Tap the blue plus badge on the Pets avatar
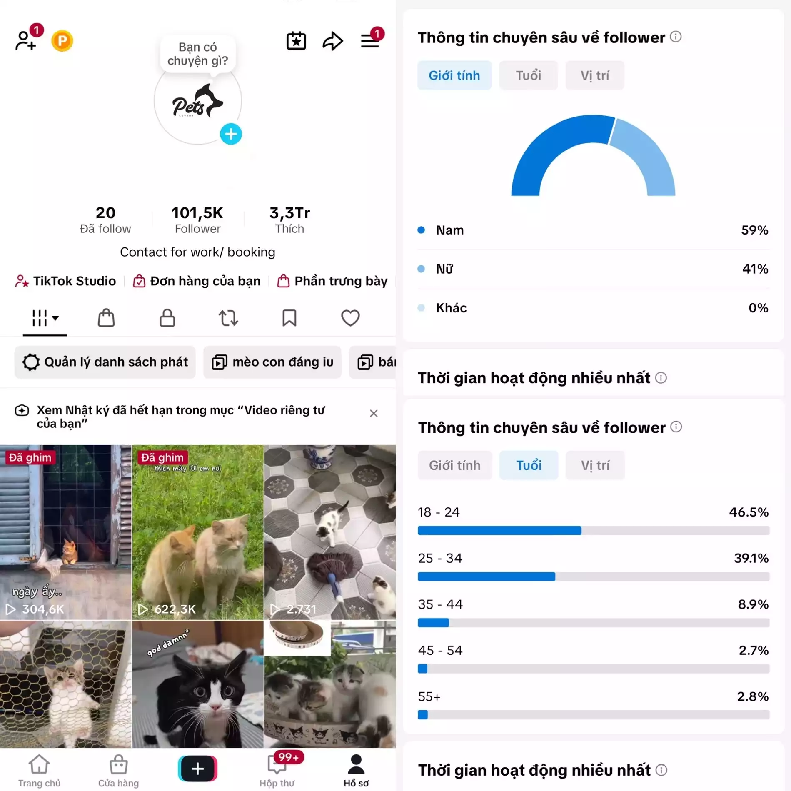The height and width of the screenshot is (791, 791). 231,134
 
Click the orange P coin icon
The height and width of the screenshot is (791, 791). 62,41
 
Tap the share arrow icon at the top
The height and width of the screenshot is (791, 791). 333,41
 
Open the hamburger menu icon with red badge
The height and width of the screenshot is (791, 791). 370,41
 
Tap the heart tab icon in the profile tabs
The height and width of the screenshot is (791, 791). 350,318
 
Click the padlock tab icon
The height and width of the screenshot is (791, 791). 167,318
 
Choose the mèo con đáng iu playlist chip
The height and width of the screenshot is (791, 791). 272,362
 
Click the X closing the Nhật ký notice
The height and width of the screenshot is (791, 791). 374,413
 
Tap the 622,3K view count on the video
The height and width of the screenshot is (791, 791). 175,609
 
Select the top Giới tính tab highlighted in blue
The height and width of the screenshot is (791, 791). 454,75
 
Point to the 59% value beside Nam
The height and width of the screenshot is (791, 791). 754,230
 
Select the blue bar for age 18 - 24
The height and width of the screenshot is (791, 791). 499,530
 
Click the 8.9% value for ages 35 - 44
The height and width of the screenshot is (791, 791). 753,604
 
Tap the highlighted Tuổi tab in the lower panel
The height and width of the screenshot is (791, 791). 529,465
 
